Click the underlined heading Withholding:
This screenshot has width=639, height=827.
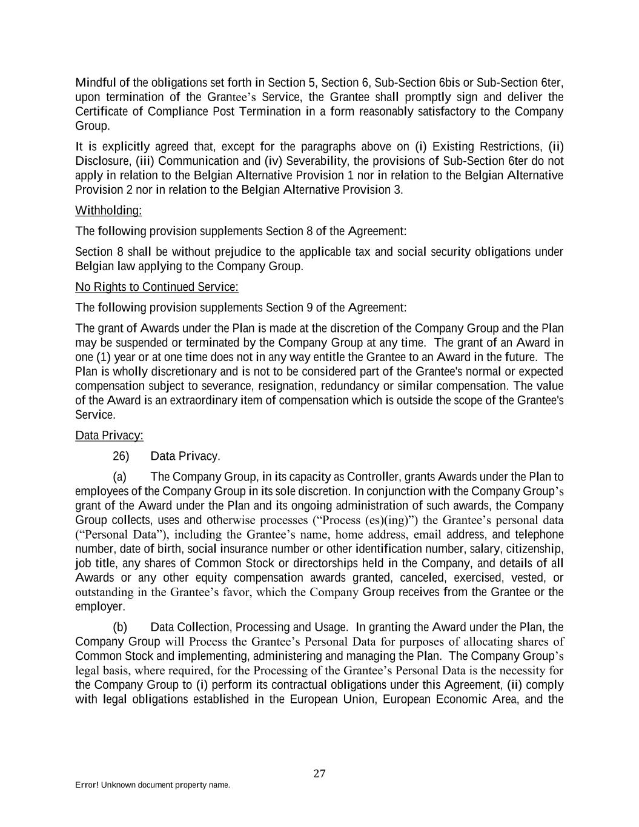[x=108, y=210]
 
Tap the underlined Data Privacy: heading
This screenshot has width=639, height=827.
[x=109, y=436]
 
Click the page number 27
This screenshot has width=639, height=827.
[x=319, y=773]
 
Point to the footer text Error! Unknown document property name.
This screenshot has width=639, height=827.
[x=152, y=785]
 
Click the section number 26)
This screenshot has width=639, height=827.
[x=121, y=456]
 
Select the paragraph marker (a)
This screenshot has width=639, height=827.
[x=119, y=477]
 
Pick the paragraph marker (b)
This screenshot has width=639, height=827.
[x=119, y=627]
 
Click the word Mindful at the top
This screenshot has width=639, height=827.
[x=94, y=82]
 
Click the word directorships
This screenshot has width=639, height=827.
[x=336, y=563]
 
